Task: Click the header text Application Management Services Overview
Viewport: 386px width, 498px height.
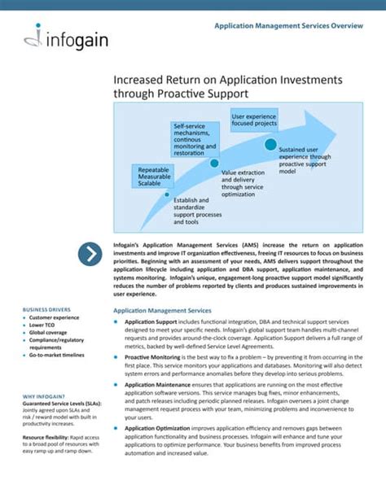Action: [288, 26]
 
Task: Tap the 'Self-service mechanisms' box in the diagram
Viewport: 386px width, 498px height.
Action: [194, 139]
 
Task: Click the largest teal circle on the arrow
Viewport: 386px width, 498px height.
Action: [270, 144]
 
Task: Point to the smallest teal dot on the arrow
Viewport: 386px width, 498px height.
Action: [167, 194]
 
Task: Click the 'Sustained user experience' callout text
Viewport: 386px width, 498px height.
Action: [305, 160]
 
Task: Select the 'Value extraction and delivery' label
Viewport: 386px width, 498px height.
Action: [243, 184]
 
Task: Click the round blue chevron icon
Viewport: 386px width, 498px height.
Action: [90, 255]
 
